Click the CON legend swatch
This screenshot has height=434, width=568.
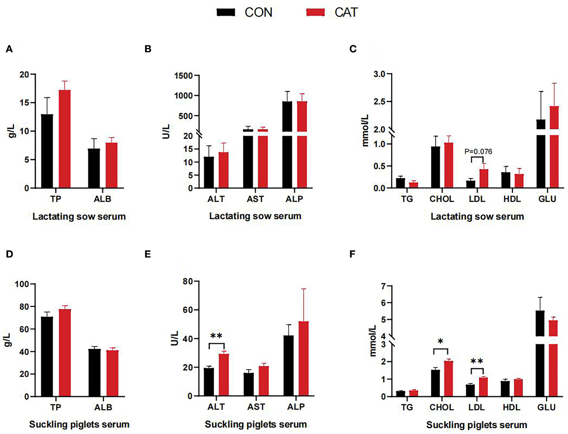[x=226, y=12]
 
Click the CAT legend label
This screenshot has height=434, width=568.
[x=346, y=12]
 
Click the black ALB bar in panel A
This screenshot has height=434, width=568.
[x=94, y=168]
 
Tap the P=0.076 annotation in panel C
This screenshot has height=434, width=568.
[x=478, y=151]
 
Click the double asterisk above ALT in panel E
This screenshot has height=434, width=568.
[x=216, y=336]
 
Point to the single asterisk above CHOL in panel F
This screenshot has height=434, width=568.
[x=440, y=341]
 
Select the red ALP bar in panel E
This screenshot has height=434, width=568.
[x=304, y=358]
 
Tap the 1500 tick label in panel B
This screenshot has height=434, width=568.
[x=184, y=76]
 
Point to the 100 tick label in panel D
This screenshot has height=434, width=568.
[x=21, y=284]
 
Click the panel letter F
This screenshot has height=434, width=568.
[x=352, y=254]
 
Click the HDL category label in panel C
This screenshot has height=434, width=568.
[x=512, y=199]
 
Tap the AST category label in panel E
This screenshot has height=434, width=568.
[x=256, y=407]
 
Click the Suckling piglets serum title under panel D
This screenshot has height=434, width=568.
[x=79, y=424]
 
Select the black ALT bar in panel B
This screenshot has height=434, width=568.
[x=209, y=172]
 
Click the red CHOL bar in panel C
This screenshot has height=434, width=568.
[x=448, y=165]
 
